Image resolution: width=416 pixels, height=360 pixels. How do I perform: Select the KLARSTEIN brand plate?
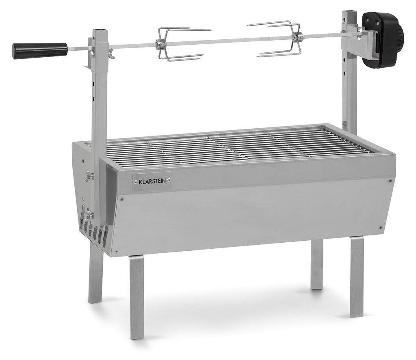pos(152,181)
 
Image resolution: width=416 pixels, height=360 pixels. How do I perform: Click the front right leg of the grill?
pos(357,277)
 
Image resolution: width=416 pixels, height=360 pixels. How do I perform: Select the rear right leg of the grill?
pos(317,264)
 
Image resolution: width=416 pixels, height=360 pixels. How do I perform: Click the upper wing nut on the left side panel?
pos(89,175)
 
